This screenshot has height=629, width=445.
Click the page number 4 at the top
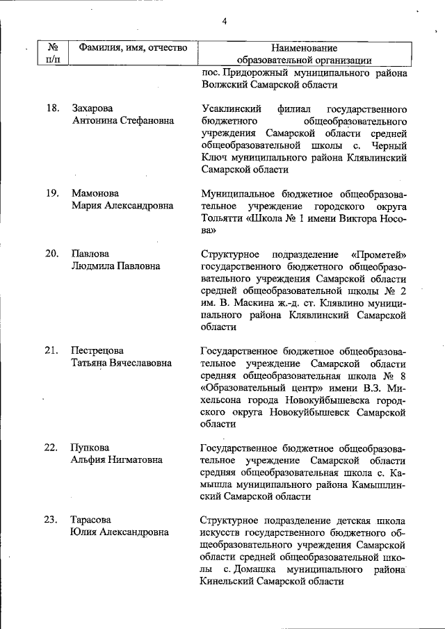(x=225, y=20)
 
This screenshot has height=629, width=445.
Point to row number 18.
(x=51, y=108)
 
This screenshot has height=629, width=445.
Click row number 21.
(x=51, y=350)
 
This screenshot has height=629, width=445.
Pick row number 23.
(x=51, y=520)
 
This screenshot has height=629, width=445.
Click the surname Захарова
(x=93, y=108)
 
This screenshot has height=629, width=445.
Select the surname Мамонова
(x=95, y=193)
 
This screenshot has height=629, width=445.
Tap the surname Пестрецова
(x=97, y=350)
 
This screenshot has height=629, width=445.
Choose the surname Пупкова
(x=90, y=447)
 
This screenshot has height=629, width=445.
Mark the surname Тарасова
(x=92, y=520)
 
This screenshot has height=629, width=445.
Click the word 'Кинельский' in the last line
(x=227, y=582)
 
